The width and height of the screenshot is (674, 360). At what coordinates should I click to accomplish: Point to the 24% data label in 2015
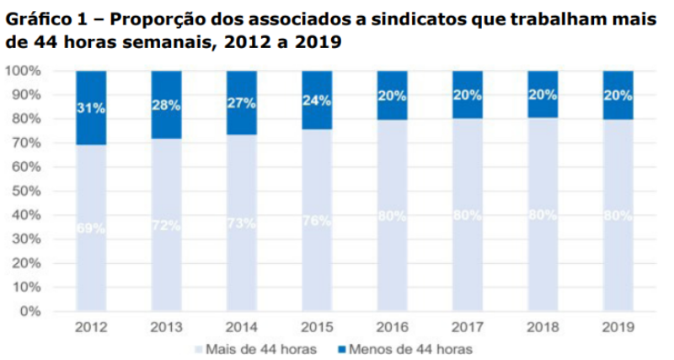pyautogui.click(x=317, y=99)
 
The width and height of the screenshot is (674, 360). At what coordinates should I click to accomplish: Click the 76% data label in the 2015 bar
pyautogui.click(x=317, y=221)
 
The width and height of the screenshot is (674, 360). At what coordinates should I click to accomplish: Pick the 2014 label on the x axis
pyautogui.click(x=241, y=326)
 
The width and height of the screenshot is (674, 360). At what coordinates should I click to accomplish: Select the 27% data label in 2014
pyautogui.click(x=241, y=103)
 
